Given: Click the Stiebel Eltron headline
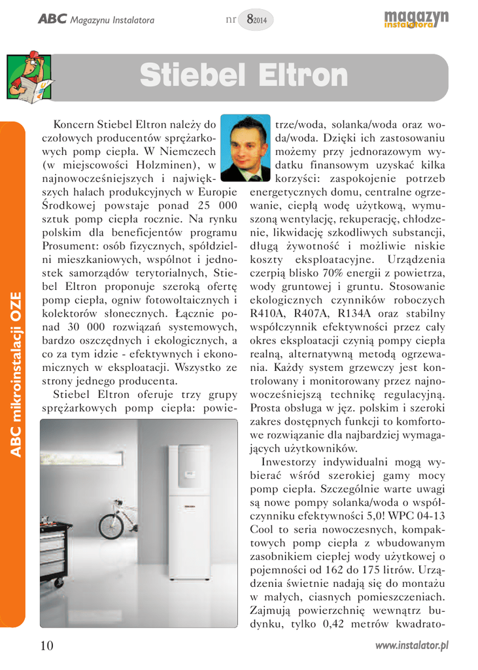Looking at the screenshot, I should click(243, 77).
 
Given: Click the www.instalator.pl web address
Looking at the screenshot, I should click(411, 646).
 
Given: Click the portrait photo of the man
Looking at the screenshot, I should click(245, 149).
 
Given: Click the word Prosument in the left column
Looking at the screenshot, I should click(68, 246).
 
